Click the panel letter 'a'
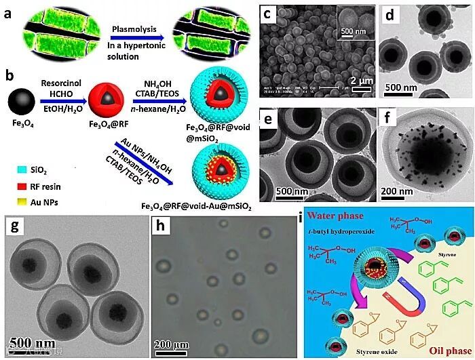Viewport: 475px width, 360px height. [x=9, y=12]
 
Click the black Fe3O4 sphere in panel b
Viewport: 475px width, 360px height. [x=22, y=104]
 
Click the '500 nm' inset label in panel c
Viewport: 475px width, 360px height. [x=354, y=32]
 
